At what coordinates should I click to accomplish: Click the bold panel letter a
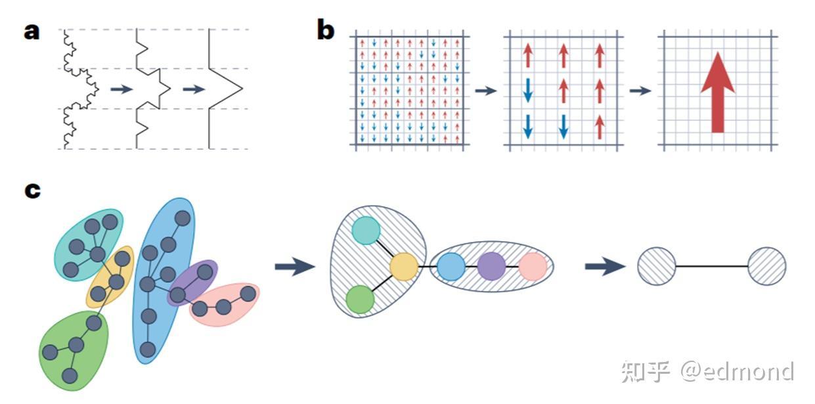point(32,31)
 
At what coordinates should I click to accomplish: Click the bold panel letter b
point(325,30)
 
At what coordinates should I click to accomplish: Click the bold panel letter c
point(32,190)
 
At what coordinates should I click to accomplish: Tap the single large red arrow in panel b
point(717,91)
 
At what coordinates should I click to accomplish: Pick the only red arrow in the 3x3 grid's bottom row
point(599,126)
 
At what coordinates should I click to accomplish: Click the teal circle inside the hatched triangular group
point(366,231)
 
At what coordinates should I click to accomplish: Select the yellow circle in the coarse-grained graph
point(404,266)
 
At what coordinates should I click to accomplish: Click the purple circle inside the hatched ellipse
point(491,266)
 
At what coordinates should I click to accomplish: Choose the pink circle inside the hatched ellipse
point(533,266)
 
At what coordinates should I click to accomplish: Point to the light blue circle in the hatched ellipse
point(451,266)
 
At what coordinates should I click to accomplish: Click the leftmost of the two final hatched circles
point(656,266)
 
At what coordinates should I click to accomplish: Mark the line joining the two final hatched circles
point(711,266)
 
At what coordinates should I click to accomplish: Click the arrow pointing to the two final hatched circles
point(604,266)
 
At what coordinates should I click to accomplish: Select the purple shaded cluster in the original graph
point(192,282)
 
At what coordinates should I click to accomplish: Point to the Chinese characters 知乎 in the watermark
point(645,372)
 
